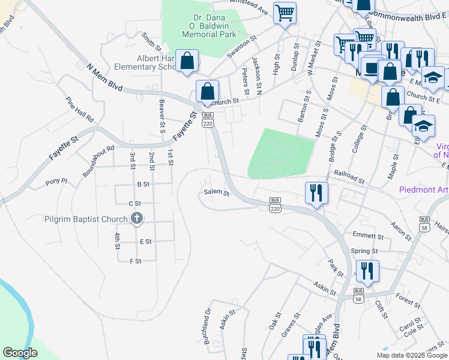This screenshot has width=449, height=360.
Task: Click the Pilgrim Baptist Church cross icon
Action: click(x=137, y=218)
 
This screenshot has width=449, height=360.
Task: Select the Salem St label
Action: click(x=217, y=193)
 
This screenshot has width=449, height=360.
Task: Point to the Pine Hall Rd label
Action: click(x=80, y=110)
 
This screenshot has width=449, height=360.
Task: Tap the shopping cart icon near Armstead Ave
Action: click(x=285, y=12)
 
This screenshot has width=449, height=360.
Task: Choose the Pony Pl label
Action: click(x=55, y=181)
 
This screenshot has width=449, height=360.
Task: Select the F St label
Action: click(x=135, y=261)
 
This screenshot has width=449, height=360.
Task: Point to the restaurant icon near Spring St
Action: click(x=366, y=271)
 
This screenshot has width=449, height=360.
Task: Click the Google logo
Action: click(x=20, y=353)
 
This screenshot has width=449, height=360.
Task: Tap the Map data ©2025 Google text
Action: click(x=411, y=355)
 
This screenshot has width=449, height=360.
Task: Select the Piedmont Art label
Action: click(x=424, y=190)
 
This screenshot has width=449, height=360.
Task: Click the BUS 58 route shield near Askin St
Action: click(x=358, y=295)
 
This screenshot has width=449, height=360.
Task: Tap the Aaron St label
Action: click(x=400, y=231)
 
